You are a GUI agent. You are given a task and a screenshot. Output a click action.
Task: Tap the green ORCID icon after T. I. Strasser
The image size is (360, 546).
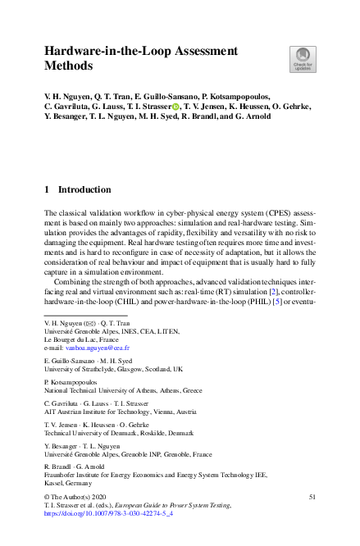coord(175,107)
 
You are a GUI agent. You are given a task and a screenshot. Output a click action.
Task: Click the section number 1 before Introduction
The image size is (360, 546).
coord(46,189)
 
